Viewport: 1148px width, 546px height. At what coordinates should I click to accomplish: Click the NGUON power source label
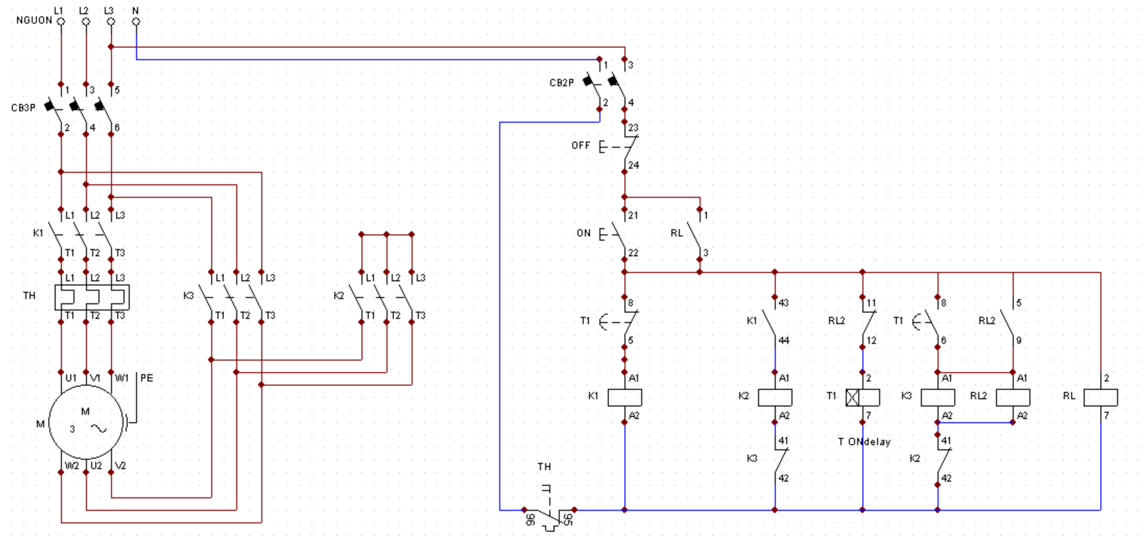34,20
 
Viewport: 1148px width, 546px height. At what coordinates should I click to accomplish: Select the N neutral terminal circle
136,22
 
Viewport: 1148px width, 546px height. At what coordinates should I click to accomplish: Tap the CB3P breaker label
23,108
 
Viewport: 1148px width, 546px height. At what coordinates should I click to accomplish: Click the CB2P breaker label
561,83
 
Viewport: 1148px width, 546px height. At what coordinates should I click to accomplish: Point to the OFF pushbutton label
581,145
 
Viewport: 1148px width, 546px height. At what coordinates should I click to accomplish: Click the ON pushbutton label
584,233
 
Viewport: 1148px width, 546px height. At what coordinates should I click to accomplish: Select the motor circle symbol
86,422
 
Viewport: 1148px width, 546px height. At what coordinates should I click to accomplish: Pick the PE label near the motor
147,378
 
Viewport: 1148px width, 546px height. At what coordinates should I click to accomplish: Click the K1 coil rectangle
625,397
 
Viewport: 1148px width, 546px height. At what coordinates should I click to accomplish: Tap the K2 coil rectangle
775,397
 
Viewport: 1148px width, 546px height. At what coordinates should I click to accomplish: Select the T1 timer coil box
863,397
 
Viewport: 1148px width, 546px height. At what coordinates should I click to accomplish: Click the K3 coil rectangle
938,397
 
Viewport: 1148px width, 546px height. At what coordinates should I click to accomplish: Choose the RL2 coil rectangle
1013,397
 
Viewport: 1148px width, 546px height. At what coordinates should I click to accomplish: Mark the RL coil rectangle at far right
1101,397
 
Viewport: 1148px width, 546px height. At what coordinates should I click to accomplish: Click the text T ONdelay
864,442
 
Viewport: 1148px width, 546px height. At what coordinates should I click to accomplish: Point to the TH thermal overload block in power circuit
92,297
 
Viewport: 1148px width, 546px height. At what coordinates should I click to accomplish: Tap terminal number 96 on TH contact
530,520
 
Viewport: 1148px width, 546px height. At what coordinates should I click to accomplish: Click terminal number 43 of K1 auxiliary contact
783,303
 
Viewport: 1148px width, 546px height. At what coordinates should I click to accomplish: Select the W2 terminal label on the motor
72,465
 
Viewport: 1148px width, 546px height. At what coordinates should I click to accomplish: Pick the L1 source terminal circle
61,22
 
